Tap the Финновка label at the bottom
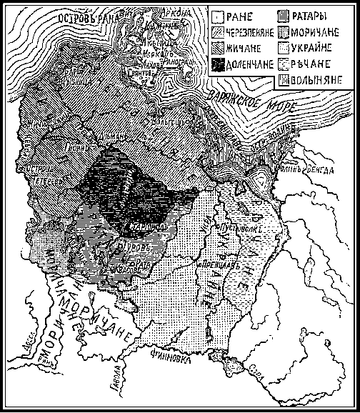click(x=169, y=352)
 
